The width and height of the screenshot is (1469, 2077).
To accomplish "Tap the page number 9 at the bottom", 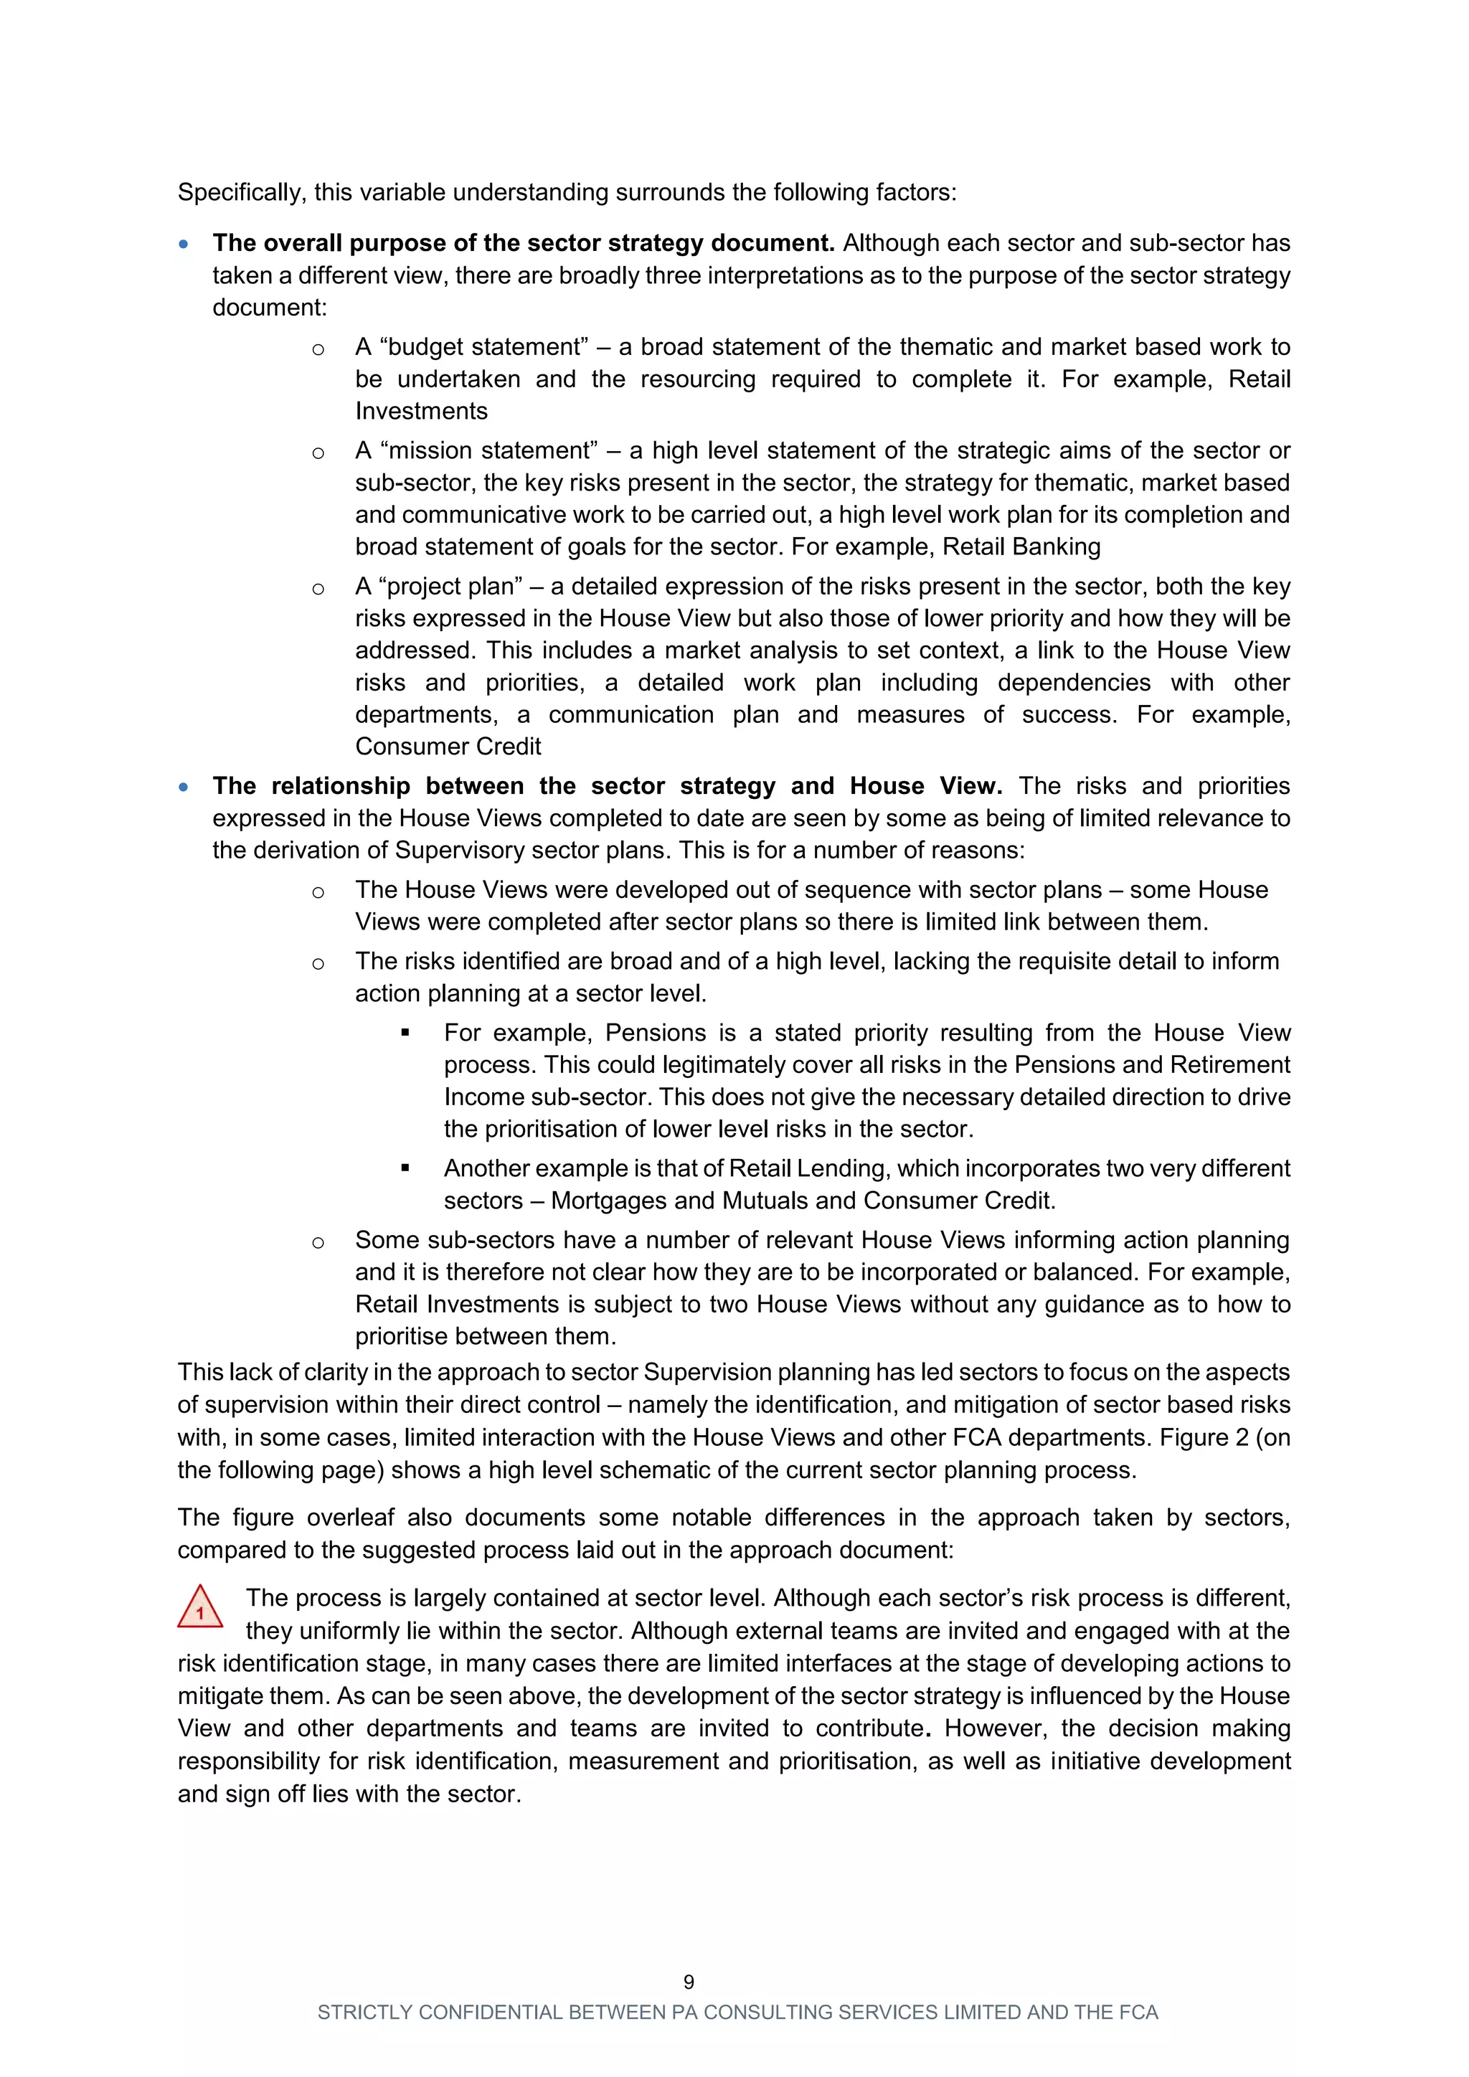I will click(x=689, y=1982).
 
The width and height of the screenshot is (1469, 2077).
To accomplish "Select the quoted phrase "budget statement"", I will click(x=472, y=347).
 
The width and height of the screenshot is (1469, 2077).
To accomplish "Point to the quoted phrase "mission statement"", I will click(x=477, y=450).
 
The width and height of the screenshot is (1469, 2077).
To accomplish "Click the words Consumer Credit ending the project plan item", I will click(x=448, y=747).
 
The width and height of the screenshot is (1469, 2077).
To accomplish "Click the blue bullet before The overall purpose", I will click(x=184, y=245).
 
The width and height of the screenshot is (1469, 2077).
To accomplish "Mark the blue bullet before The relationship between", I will click(x=184, y=787).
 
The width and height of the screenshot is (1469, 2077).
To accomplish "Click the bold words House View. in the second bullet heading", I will click(x=925, y=786).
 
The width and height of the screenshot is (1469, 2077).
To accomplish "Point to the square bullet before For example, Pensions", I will click(x=405, y=1033).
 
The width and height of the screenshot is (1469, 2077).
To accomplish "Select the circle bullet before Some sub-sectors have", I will click(x=318, y=1243).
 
